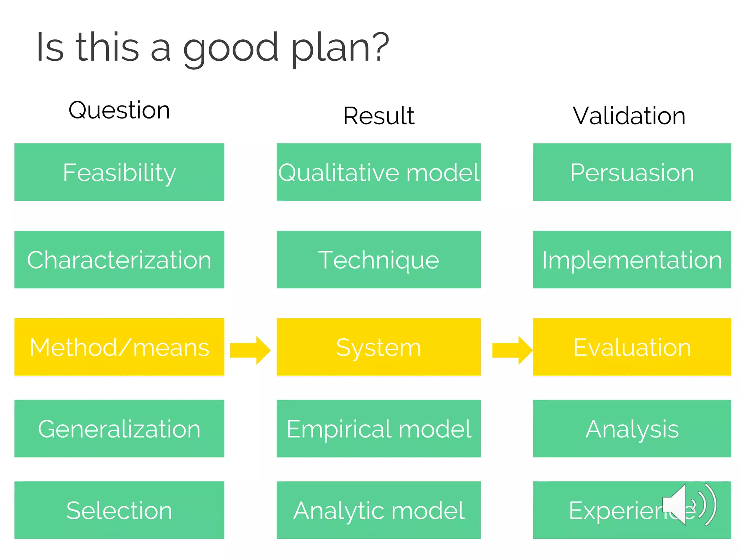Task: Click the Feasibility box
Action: [x=119, y=172]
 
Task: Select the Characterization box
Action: [x=119, y=259]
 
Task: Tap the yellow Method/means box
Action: [x=119, y=347]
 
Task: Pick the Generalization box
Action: [x=119, y=429]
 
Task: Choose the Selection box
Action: [x=119, y=510]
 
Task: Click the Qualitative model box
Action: [x=379, y=172]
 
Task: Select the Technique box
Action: [x=379, y=259]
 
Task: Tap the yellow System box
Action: [x=379, y=347]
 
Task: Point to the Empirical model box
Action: [x=379, y=429]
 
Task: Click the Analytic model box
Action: [x=379, y=510]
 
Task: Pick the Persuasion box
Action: [x=632, y=172]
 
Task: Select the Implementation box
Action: [x=632, y=259]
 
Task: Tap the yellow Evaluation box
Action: [x=632, y=347]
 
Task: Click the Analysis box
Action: [x=632, y=429]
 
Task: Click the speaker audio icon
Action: [x=688, y=504]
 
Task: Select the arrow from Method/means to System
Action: [x=250, y=350]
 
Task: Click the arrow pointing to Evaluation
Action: [x=512, y=350]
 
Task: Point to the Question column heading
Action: [x=119, y=110]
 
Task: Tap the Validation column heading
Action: [x=629, y=116]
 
